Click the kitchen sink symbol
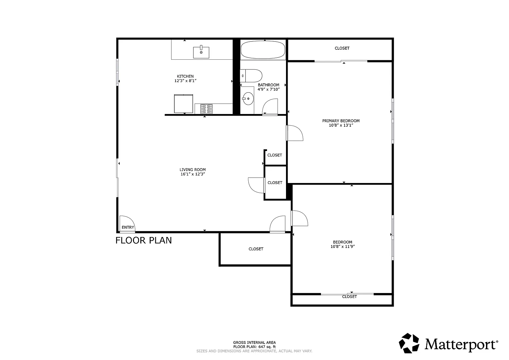point(201,52)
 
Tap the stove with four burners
point(206,108)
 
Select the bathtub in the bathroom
point(263,50)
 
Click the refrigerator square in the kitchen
point(183,104)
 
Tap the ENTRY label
point(128,227)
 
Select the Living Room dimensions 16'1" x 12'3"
point(192,174)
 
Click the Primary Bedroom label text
point(341,121)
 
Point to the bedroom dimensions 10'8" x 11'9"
point(342,247)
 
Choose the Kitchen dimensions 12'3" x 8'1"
point(185,81)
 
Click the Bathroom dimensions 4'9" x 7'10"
point(268,89)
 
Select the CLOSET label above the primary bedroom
point(342,48)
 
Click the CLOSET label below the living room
point(256,249)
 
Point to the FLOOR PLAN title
point(144,240)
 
